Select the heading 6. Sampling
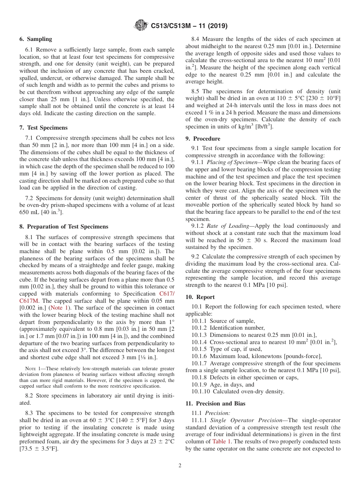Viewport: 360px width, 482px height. (x=36, y=39)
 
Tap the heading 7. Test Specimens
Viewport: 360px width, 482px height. (x=44, y=128)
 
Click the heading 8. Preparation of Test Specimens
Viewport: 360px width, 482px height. (x=64, y=227)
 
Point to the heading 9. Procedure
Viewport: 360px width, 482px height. (x=203, y=139)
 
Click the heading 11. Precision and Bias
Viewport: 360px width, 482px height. (x=215, y=404)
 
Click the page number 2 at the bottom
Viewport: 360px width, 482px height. (x=180, y=466)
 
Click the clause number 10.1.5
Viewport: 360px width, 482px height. (x=199, y=349)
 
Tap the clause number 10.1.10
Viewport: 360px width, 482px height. (x=200, y=391)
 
